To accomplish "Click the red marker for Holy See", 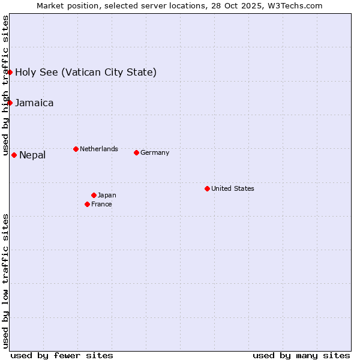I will (x=10, y=72).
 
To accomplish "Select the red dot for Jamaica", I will (x=10, y=103).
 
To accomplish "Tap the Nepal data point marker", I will (x=14, y=155).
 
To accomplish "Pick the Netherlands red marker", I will (x=76, y=149).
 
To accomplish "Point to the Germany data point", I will (x=136, y=152).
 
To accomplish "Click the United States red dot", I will (x=207, y=188).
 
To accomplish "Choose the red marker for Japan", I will (x=94, y=195).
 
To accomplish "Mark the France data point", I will (x=87, y=204).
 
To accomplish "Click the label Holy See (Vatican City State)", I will (x=86, y=73).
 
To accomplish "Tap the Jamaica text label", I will (x=34, y=103).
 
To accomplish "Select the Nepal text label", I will (x=32, y=155).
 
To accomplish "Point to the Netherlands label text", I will (x=99, y=149).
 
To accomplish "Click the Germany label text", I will (x=155, y=152).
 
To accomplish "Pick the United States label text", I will (x=233, y=188).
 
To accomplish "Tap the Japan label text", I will (x=107, y=195).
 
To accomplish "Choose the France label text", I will (x=101, y=204).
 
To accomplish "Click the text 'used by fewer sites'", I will (x=62, y=355).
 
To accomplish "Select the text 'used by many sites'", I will (x=301, y=355).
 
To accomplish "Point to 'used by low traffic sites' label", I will (x=6, y=280).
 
